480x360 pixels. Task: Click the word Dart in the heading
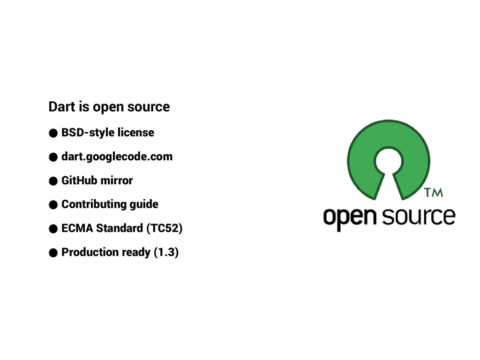pos(60,107)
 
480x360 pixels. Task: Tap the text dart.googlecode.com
pos(117,157)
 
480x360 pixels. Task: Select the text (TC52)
pos(164,228)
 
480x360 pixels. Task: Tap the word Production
pos(90,252)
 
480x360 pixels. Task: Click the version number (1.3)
pos(166,252)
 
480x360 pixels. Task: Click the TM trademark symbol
pos(433,193)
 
